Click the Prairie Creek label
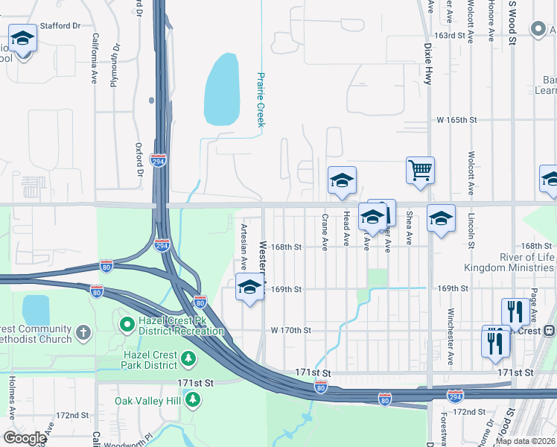(261, 100)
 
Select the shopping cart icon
(420, 171)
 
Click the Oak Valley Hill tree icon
(193, 400)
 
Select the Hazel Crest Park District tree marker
(189, 361)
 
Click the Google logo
(25, 438)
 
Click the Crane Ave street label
(325, 232)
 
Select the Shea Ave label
(409, 228)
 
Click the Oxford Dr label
(139, 159)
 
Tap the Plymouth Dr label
(115, 65)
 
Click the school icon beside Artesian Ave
(249, 288)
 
